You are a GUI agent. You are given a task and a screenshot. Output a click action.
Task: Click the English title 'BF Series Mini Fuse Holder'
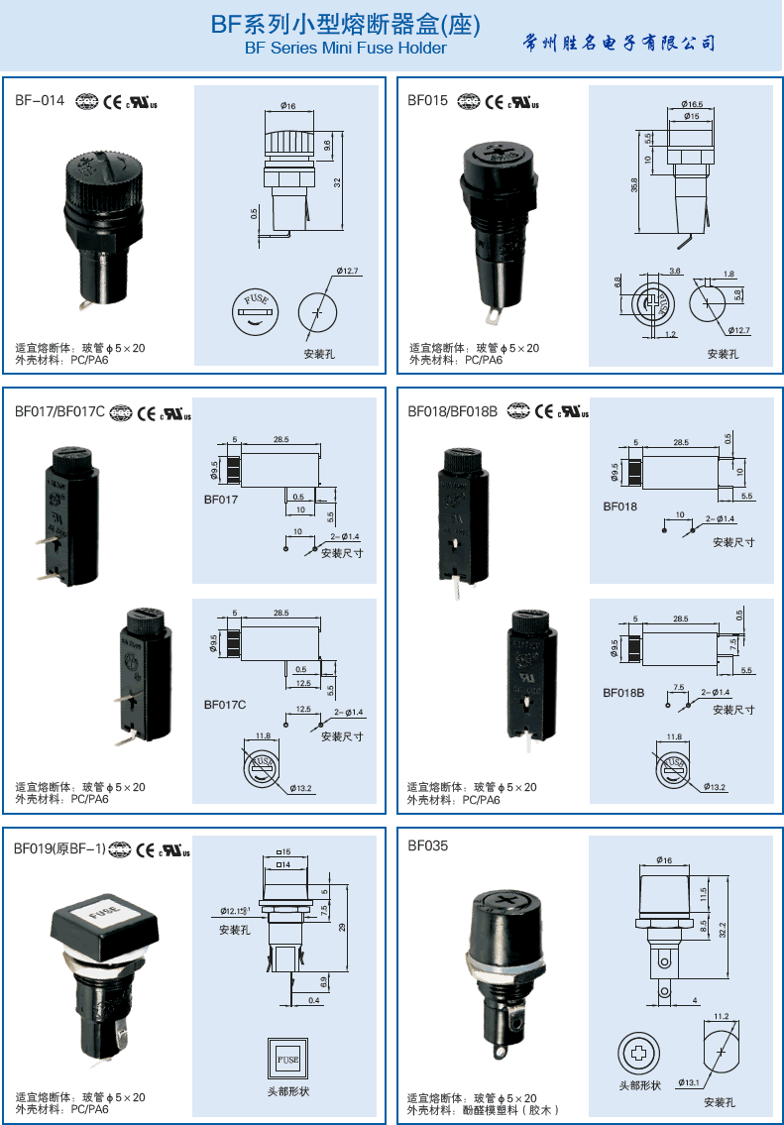coord(345,48)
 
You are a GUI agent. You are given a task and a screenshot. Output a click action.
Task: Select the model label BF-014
coord(40,100)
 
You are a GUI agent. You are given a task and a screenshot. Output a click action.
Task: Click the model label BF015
coord(428,100)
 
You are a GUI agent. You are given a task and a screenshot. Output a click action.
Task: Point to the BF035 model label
coord(428,846)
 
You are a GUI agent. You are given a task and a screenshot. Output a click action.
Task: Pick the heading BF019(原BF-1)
coord(59,848)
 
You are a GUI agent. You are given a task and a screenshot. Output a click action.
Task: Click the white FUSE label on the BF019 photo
coord(103,908)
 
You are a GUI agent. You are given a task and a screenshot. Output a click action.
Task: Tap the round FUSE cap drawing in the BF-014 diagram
coord(255,310)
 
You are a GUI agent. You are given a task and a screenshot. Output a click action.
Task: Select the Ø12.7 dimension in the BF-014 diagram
coord(347,271)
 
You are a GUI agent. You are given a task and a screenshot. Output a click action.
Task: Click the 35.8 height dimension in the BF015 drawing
coord(634,185)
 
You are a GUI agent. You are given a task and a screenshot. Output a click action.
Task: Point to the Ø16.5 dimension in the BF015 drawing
coord(693,104)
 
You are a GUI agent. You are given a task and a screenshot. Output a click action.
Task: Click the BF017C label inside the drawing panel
coord(225,705)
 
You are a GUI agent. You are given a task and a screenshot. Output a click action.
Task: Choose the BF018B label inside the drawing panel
coord(623,693)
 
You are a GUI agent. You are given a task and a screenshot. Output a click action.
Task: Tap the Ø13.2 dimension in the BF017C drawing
coord(301,789)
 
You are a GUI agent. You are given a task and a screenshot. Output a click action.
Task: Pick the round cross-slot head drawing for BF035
coord(638,1053)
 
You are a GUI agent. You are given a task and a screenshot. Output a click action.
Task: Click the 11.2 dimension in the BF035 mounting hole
coord(721,1016)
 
